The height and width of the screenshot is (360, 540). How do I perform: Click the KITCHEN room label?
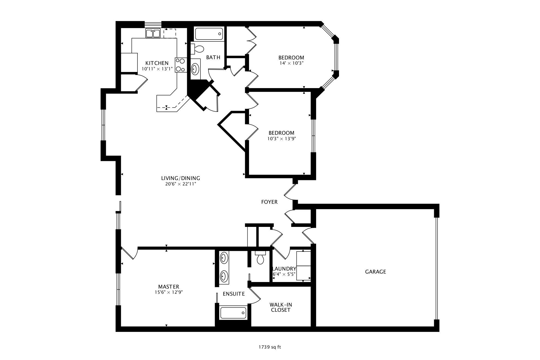[157, 63]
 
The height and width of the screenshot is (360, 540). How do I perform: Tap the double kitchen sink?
[153, 33]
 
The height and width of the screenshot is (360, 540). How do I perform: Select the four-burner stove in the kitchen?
[181, 65]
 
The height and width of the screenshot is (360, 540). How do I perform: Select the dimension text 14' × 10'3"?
[291, 63]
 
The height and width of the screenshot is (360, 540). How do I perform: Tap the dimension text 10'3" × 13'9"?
[281, 139]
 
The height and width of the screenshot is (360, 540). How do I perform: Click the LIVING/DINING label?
[181, 178]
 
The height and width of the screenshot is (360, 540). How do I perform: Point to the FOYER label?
[269, 202]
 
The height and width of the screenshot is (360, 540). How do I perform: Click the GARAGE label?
[375, 272]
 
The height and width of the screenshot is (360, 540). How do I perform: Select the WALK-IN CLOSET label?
[281, 307]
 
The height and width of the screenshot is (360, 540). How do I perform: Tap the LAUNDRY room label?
[284, 269]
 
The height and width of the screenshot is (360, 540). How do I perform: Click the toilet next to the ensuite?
[260, 258]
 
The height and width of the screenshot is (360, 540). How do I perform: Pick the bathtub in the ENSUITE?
[233, 313]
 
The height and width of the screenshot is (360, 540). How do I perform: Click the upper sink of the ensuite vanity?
[224, 258]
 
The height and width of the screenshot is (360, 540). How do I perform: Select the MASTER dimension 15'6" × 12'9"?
[168, 292]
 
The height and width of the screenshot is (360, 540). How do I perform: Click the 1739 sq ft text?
[270, 347]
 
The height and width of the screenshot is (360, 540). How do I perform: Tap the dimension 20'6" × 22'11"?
[181, 184]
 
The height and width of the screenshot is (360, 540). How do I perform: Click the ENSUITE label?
[234, 294]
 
